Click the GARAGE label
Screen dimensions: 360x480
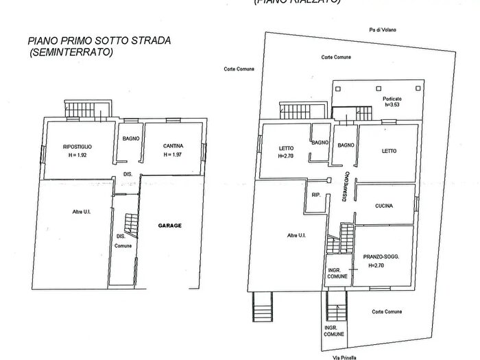pyautogui.click(x=170, y=225)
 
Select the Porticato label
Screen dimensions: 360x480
pyautogui.click(x=392, y=99)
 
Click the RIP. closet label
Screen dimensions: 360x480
pyautogui.click(x=316, y=195)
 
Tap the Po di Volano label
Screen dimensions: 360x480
pyautogui.click(x=381, y=29)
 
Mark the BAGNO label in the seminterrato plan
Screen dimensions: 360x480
pyautogui.click(x=131, y=139)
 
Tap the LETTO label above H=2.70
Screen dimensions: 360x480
pyautogui.click(x=286, y=148)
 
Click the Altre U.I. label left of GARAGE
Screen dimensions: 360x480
pyautogui.click(x=82, y=212)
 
